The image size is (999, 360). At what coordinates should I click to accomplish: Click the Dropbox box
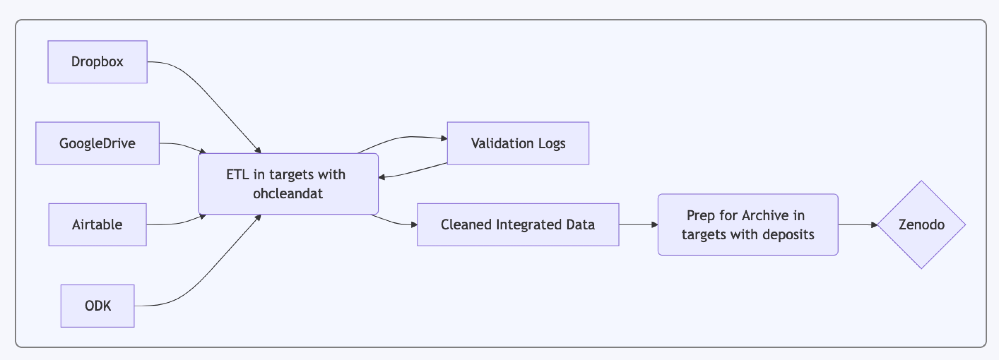97,62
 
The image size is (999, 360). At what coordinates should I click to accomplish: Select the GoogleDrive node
97,143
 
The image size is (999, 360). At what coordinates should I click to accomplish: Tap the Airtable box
97,225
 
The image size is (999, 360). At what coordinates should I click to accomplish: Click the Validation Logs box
518,143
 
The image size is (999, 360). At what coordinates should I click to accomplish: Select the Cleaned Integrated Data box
518,225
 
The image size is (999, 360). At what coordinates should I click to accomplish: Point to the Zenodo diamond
921,225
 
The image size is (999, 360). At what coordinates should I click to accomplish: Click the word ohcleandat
288,193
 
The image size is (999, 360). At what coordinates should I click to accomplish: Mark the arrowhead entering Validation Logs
444,138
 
